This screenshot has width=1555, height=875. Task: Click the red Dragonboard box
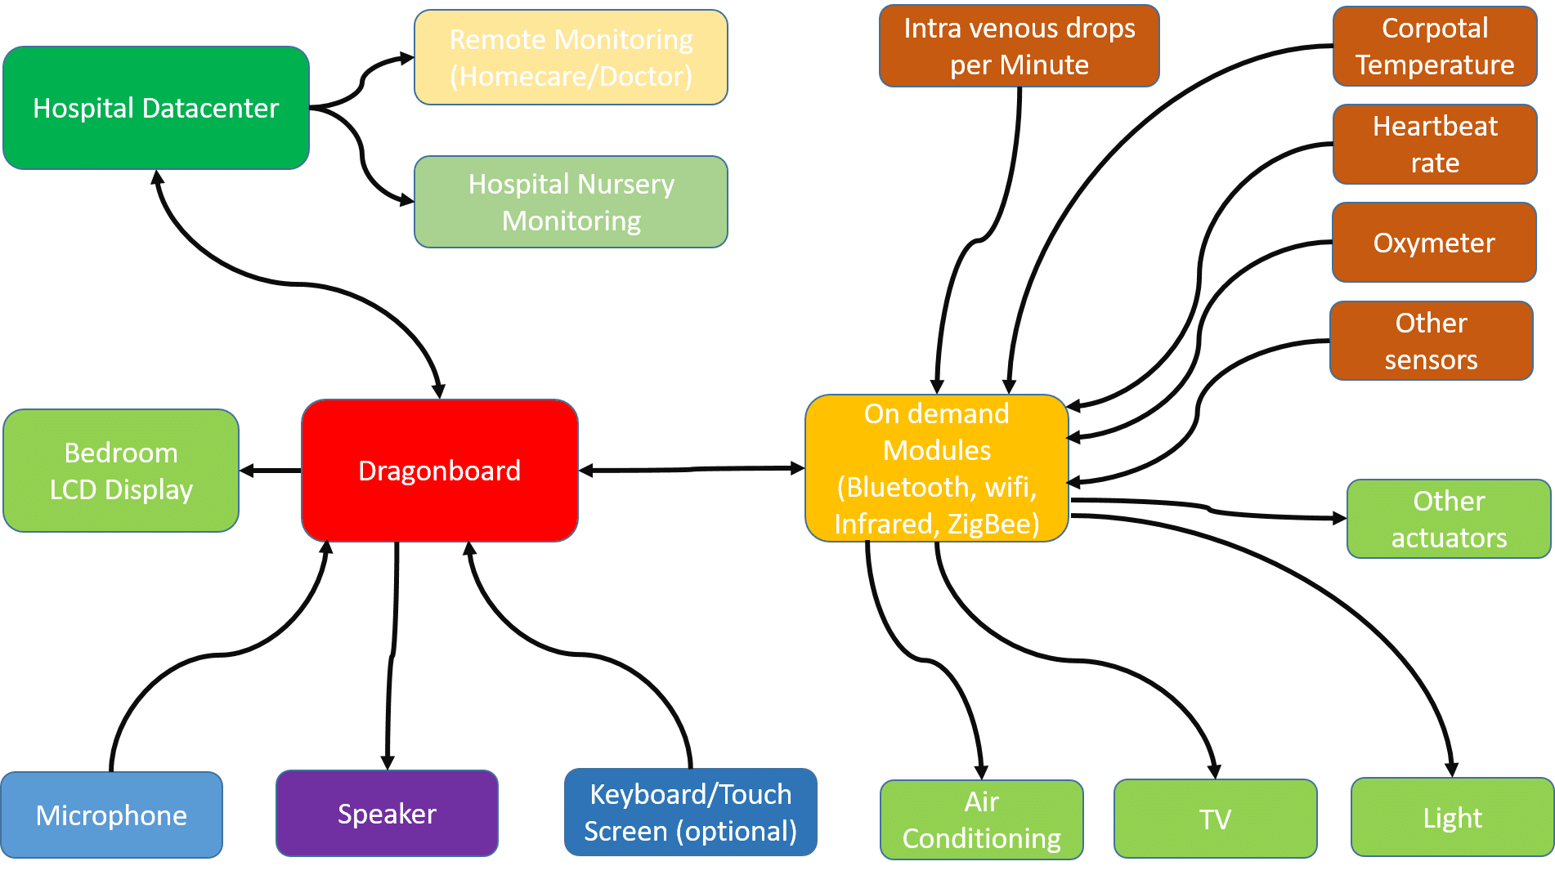tap(439, 471)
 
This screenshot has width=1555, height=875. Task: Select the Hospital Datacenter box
tap(155, 108)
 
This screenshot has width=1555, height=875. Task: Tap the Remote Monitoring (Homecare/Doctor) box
tap(571, 57)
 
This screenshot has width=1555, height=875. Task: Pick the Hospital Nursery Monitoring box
tap(571, 202)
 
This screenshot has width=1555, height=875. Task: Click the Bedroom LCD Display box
tap(121, 471)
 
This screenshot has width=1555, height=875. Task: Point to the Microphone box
tap(111, 815)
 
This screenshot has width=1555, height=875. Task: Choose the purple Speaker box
tap(387, 814)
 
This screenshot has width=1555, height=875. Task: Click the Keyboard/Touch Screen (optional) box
tap(690, 812)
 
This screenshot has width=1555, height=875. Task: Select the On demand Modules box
tap(936, 468)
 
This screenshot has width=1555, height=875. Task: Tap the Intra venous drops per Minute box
tap(1019, 47)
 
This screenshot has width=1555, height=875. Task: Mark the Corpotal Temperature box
tap(1434, 47)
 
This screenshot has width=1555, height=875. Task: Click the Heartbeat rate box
tap(1434, 145)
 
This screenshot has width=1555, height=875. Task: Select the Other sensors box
tap(1431, 341)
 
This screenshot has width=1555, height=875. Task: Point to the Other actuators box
tap(1448, 519)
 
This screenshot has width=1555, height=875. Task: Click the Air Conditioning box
tap(981, 819)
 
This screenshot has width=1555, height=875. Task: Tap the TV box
tap(1215, 819)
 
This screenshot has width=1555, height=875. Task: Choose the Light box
tap(1452, 817)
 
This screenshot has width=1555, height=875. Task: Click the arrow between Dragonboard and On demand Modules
tap(692, 470)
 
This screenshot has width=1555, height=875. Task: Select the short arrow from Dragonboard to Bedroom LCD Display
tap(270, 471)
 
